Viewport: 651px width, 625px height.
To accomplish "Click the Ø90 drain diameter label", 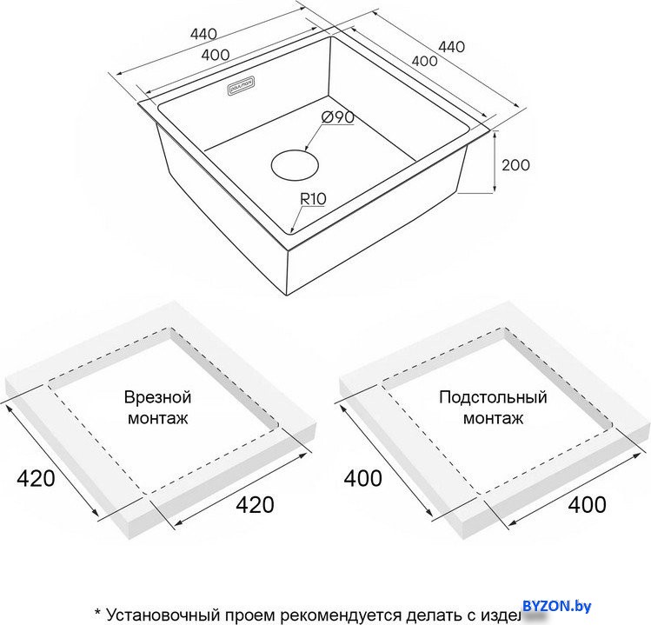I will tap(335, 117).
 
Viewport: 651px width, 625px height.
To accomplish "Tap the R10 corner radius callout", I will tap(312, 199).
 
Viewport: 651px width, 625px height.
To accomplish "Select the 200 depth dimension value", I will tap(515, 164).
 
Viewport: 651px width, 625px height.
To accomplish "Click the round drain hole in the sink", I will tap(294, 164).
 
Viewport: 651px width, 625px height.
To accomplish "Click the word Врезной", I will tap(157, 397).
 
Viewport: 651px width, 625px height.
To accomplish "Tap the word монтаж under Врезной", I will tap(157, 418).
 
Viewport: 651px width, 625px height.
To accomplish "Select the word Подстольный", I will tap(493, 397).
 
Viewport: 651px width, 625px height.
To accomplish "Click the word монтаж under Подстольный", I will tap(493, 418).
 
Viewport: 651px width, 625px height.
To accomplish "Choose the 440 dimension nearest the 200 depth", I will tap(451, 47).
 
